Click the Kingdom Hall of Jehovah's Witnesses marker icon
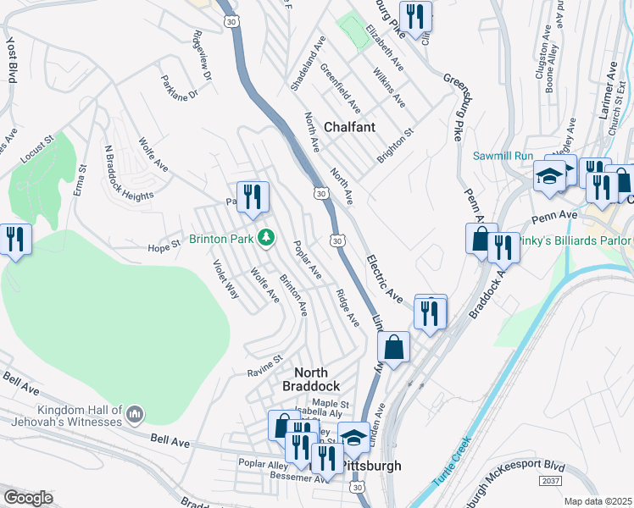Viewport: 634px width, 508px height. [x=135, y=414]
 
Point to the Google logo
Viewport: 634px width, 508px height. [x=28, y=498]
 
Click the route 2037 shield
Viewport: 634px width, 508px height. [x=550, y=480]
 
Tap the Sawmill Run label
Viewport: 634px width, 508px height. [x=509, y=157]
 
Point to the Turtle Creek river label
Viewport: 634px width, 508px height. [x=451, y=461]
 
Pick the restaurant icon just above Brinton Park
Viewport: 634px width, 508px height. [x=253, y=197]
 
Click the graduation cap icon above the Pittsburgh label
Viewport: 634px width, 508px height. [x=353, y=438]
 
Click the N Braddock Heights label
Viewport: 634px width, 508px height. [x=128, y=173]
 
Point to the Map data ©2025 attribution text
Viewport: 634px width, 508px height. [x=598, y=501]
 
